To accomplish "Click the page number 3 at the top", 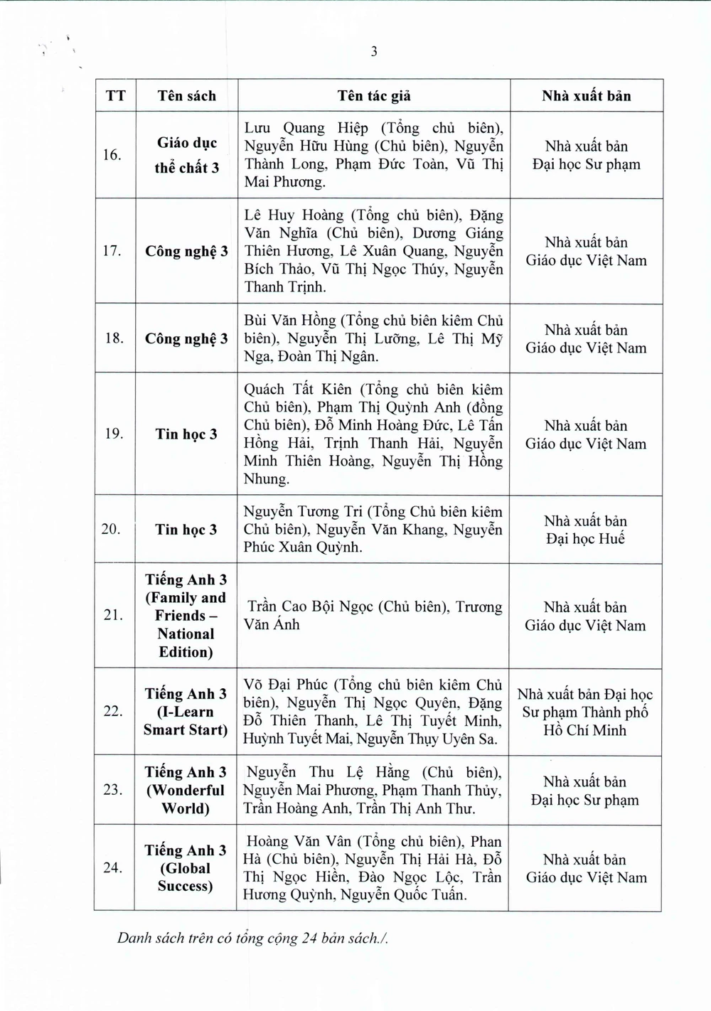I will click(374, 51).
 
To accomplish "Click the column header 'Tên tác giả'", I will click(374, 96).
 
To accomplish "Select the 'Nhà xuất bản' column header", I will click(586, 96).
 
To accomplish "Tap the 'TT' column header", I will click(115, 96).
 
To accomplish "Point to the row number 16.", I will click(112, 154).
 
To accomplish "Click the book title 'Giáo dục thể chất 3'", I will click(186, 155).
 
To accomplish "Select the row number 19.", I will click(114, 434).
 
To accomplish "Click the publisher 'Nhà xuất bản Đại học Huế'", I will click(586, 530).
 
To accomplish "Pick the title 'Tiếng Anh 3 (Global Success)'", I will click(185, 868).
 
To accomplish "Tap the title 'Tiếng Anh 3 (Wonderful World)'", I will click(185, 790).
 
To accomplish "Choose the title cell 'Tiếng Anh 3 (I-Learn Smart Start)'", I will click(185, 712).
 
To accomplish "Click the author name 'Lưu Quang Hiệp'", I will click(306, 129).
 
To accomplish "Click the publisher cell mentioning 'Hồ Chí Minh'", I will click(584, 712).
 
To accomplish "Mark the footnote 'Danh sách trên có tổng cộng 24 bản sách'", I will click(253, 938).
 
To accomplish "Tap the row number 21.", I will click(113, 615).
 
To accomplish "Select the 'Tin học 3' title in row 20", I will click(186, 530).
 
